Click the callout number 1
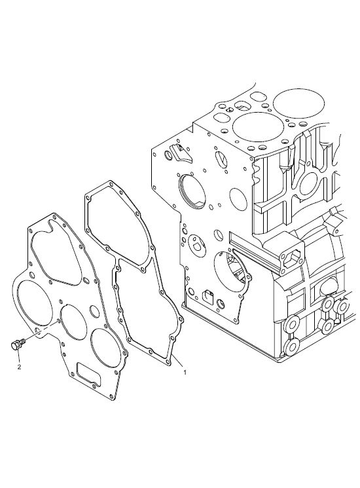(x=185, y=371)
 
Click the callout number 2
(x=19, y=367)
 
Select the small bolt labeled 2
(x=18, y=345)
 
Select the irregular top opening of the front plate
(x=58, y=253)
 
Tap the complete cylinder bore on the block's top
(x=258, y=128)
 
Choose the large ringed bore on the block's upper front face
(x=192, y=190)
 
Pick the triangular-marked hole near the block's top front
(x=221, y=158)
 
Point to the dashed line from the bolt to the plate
(x=41, y=331)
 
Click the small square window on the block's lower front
(x=207, y=297)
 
